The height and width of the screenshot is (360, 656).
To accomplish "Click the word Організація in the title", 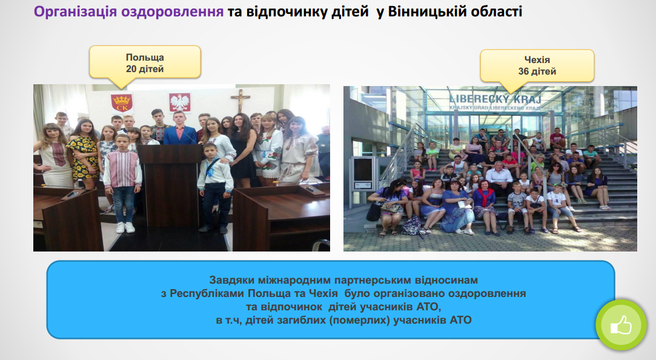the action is [76, 12].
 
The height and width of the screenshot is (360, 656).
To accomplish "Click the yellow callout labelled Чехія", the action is [537, 65].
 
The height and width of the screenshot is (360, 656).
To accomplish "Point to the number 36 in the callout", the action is [524, 72].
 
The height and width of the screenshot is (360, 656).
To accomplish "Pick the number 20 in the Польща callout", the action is [131, 69].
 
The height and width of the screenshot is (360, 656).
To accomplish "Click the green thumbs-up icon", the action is [621, 325].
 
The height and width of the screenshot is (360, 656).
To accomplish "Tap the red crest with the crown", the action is [122, 103].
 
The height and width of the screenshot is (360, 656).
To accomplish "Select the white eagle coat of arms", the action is [180, 102].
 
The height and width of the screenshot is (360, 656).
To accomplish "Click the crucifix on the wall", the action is [240, 101].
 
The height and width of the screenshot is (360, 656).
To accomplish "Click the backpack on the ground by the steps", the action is [412, 225].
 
